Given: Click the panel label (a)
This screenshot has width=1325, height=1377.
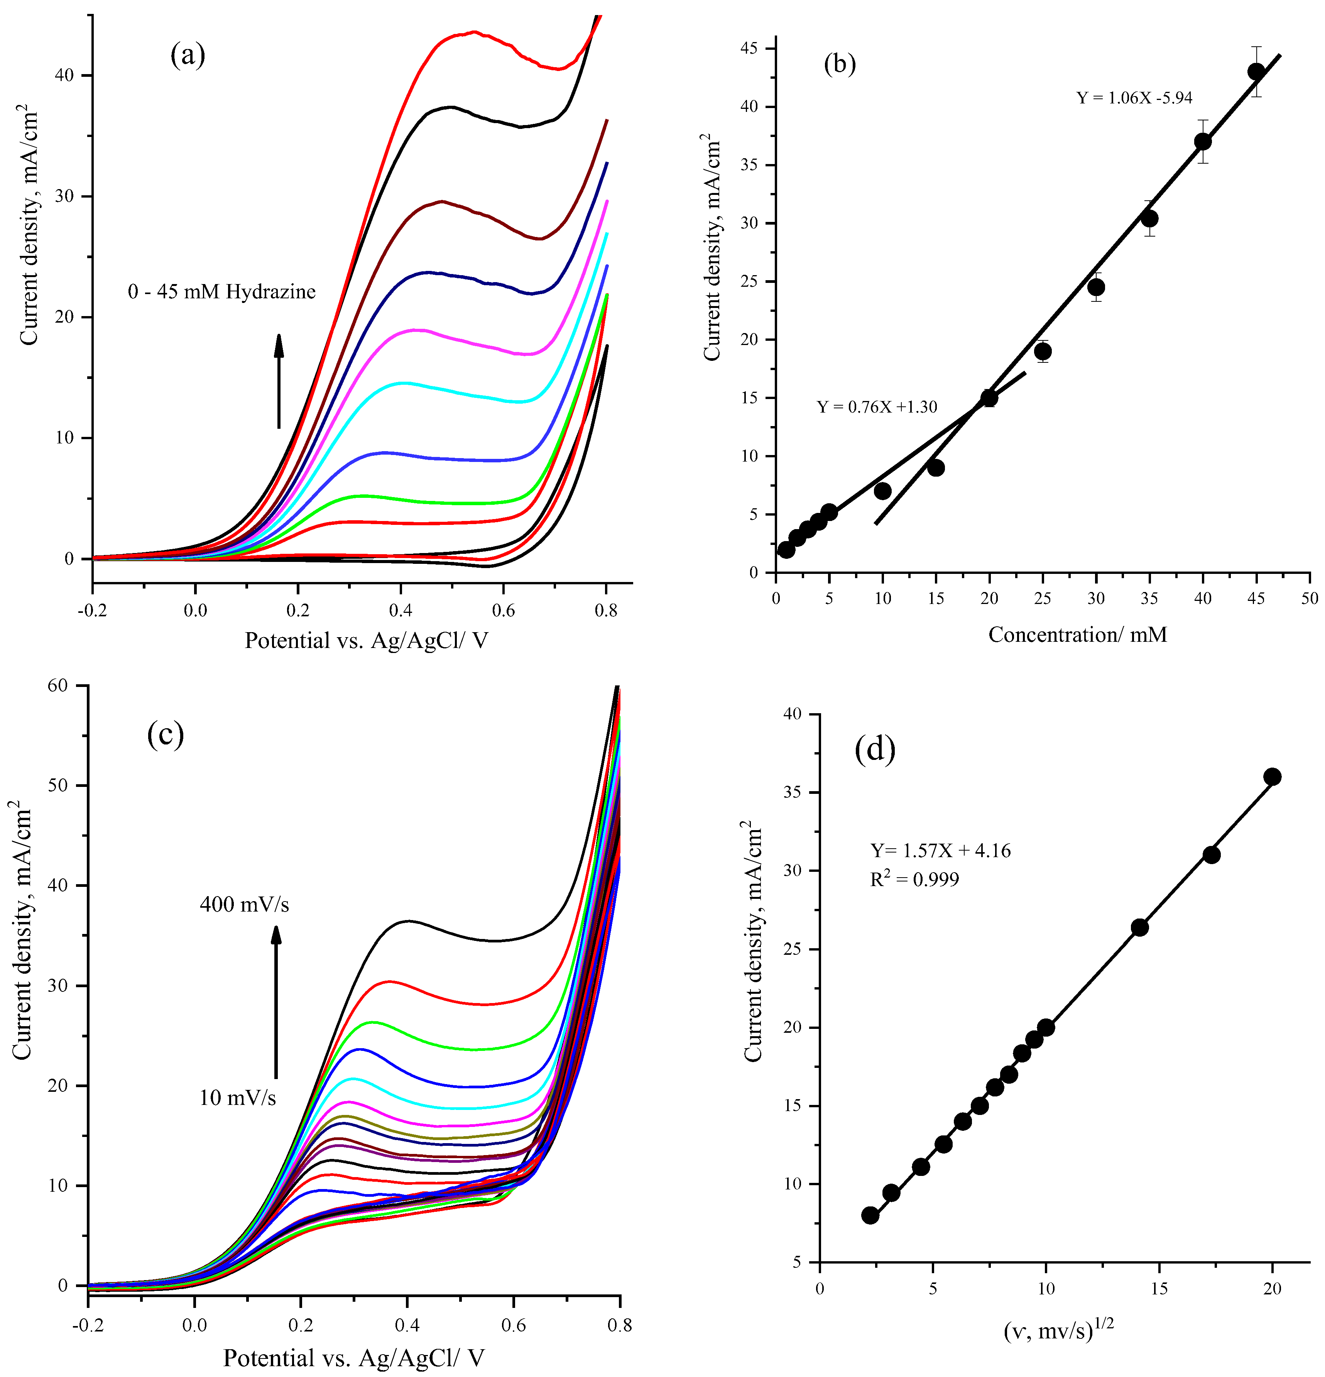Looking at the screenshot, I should [188, 55].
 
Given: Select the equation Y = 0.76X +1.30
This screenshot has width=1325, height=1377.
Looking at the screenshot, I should [877, 407].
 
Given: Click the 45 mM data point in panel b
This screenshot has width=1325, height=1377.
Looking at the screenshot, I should [1256, 72].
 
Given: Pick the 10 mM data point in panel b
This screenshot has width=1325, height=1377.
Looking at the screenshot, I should [882, 491].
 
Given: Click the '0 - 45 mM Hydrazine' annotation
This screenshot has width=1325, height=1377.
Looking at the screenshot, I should [221, 291].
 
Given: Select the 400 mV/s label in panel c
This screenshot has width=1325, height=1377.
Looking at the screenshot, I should [244, 904].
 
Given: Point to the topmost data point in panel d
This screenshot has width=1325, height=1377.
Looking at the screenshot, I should [1272, 776].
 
